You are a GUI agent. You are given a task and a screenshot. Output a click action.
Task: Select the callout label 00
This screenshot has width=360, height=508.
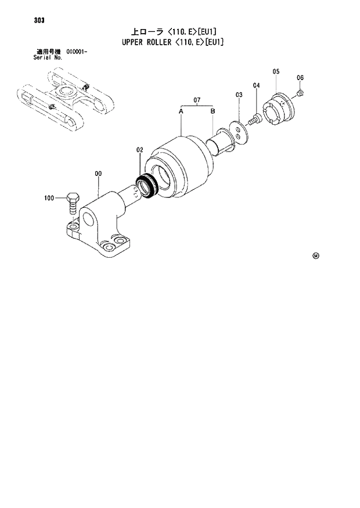[98, 173]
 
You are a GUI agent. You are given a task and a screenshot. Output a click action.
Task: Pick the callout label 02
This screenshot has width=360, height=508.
[139, 150]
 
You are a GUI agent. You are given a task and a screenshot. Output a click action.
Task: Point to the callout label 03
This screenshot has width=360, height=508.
[239, 94]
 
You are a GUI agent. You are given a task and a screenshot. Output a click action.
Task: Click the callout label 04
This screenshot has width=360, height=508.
[256, 86]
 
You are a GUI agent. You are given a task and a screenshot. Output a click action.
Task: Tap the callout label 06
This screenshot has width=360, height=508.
[300, 78]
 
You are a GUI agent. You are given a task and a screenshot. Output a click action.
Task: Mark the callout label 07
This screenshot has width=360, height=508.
[197, 100]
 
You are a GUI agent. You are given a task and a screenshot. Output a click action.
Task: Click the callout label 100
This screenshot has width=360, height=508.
[49, 199]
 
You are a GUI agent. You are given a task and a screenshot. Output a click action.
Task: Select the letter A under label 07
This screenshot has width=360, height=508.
[181, 110]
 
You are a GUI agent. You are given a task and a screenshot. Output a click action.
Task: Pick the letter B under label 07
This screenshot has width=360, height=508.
[213, 110]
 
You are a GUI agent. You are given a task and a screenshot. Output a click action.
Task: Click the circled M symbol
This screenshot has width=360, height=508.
[316, 255]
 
